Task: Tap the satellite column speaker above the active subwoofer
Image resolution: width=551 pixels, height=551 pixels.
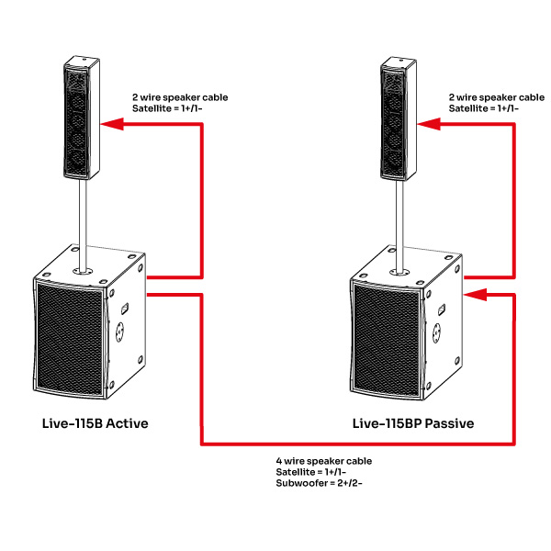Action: click(81, 118)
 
